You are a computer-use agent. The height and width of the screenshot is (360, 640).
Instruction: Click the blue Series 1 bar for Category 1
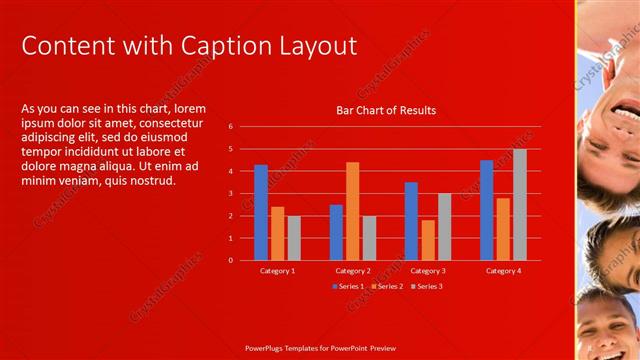point(261,213)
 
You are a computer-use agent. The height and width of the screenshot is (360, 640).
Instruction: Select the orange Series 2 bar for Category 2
point(352,211)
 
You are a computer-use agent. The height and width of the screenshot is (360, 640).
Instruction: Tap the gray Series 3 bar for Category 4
point(519,205)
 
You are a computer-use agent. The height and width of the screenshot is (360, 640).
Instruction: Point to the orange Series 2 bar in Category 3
point(428,240)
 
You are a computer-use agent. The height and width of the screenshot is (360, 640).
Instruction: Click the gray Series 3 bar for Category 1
point(294,238)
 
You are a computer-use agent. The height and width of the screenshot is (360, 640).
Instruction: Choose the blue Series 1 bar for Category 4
point(486,210)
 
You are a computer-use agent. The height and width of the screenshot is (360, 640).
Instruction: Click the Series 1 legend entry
point(350,286)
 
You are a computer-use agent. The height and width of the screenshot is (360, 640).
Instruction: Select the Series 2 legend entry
point(388,286)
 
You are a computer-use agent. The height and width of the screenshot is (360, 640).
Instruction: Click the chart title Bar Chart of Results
point(386,110)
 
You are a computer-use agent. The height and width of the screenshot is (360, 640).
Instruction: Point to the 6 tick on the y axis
point(230,127)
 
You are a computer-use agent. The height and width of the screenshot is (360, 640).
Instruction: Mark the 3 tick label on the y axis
point(230,194)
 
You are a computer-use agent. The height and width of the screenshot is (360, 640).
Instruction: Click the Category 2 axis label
point(352,271)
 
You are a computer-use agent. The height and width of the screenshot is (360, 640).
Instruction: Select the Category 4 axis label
point(503,271)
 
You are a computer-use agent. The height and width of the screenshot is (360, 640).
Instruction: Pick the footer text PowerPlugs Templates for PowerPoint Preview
point(320,349)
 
